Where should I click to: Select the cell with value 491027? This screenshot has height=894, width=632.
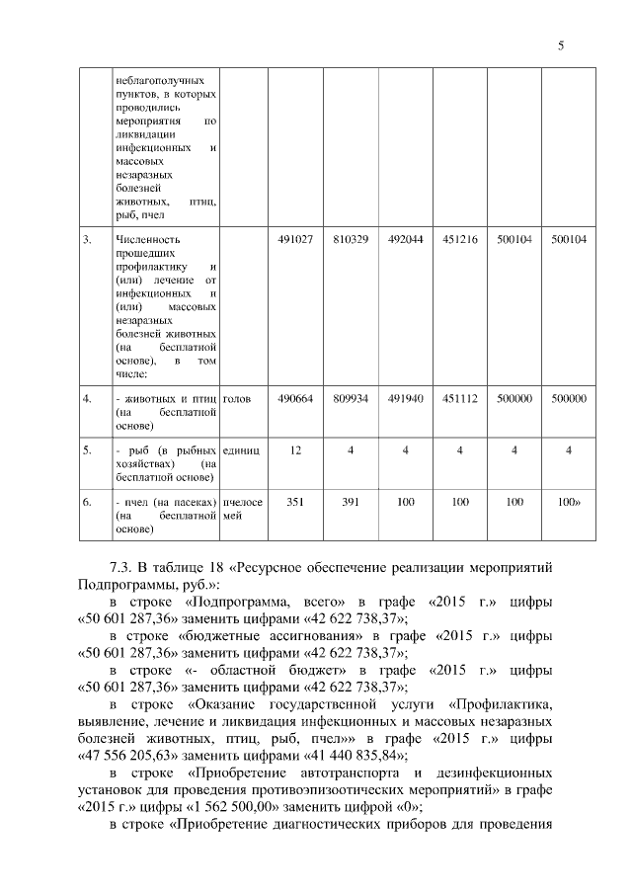pos(295,239)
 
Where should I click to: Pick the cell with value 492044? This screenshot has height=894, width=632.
pos(405,239)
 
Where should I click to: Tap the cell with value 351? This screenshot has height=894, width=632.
pos(295,502)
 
